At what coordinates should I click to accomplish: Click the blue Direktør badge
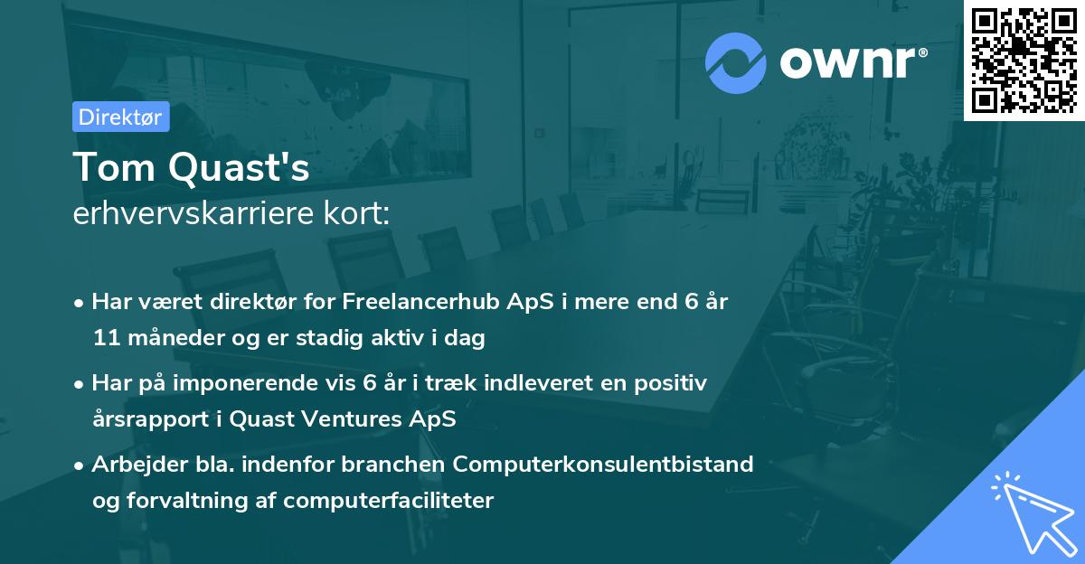point(120,117)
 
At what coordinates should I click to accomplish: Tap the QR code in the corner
point(1024,60)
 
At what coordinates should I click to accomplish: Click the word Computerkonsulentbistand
point(603,465)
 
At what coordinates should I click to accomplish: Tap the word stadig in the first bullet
point(334,339)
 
